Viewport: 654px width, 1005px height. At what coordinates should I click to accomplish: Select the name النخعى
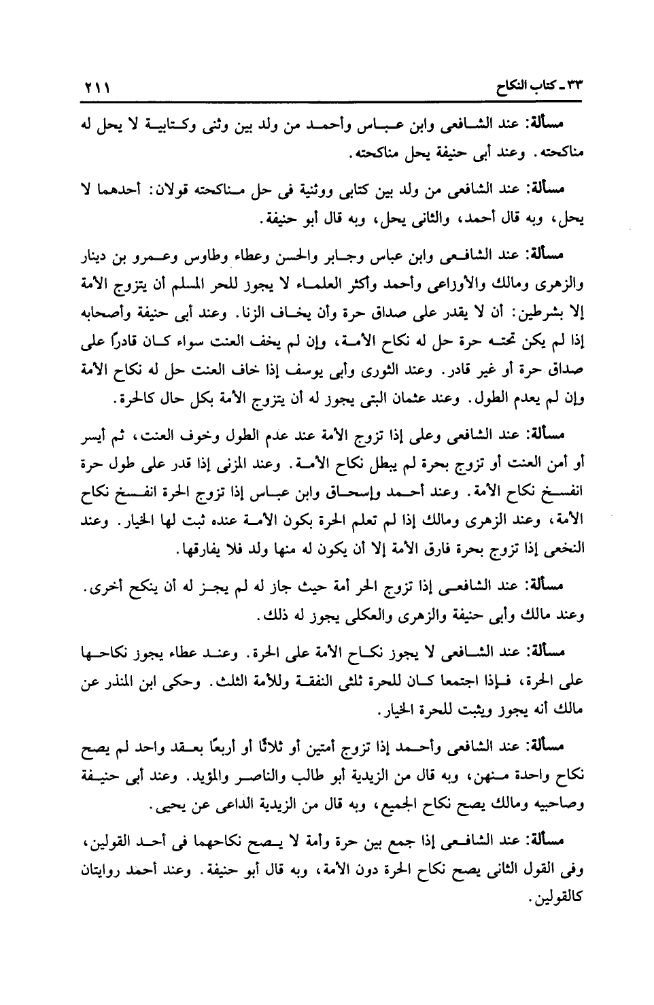[x=557, y=513]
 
